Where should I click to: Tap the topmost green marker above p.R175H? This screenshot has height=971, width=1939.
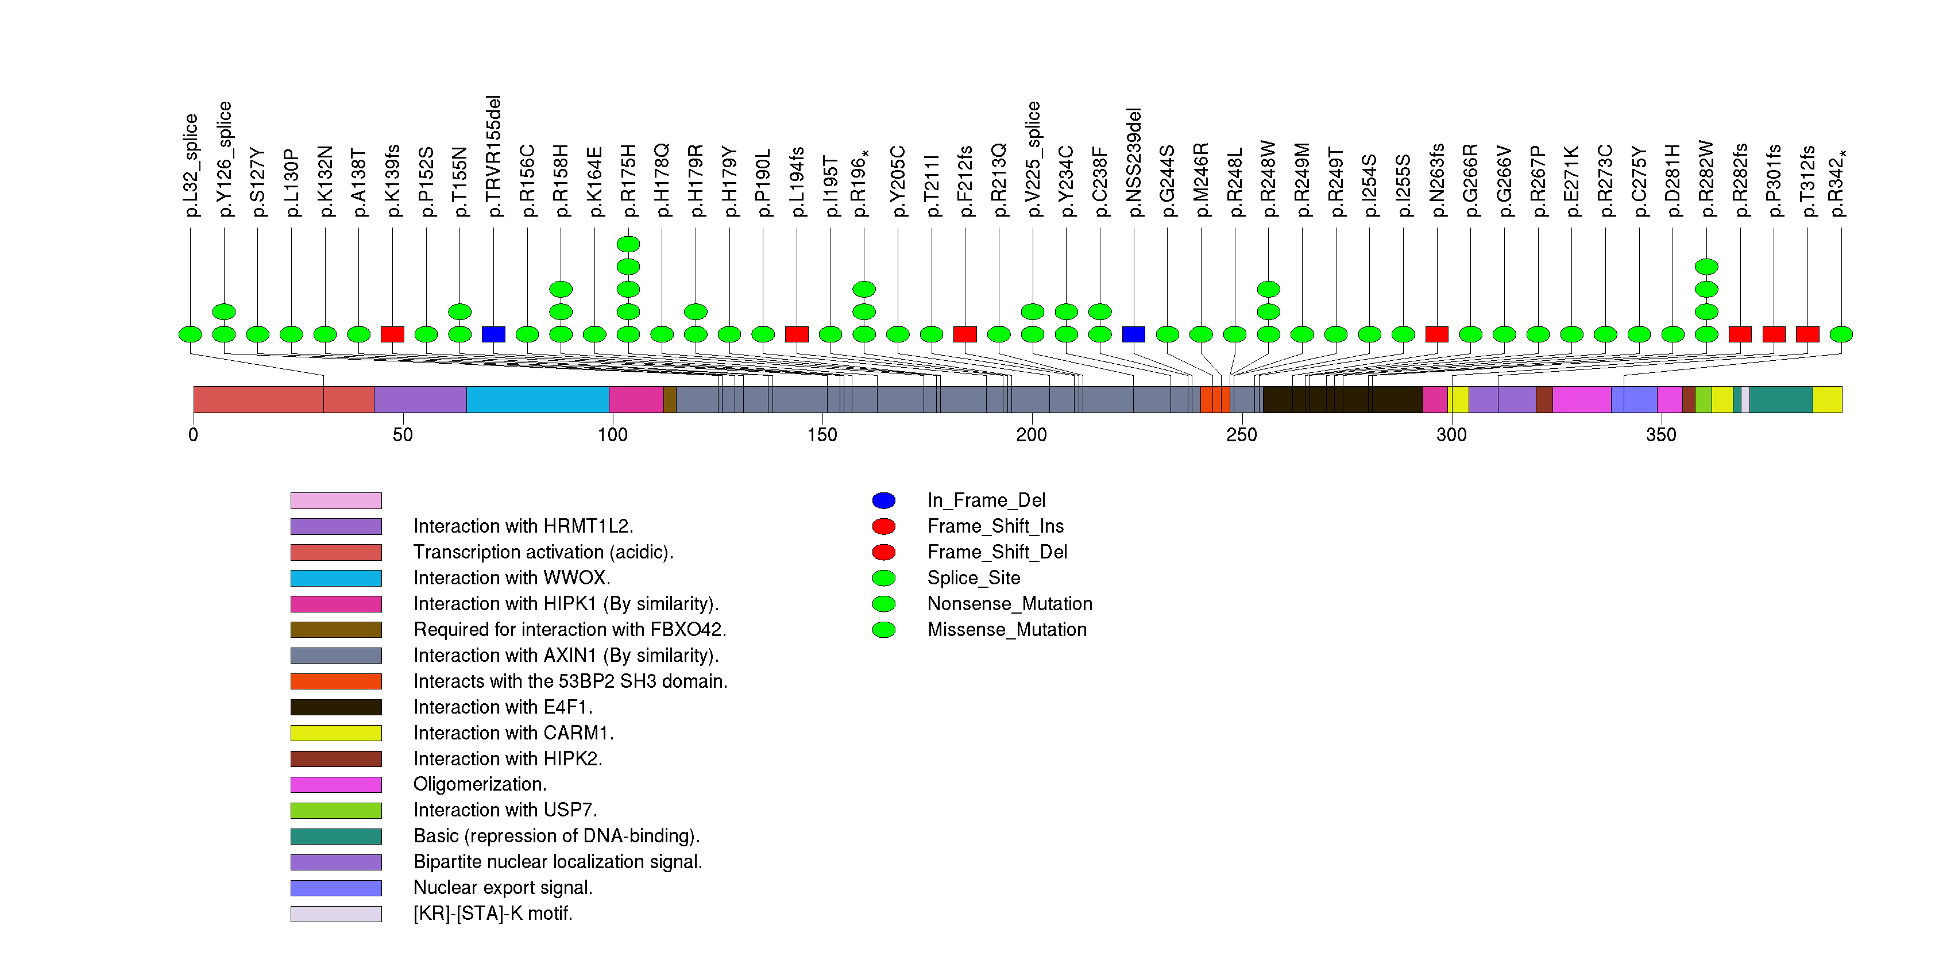(628, 244)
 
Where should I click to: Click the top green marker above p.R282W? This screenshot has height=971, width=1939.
(1706, 267)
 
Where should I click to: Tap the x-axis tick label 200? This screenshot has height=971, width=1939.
(1030, 435)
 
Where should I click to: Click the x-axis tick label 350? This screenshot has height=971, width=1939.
(1660, 435)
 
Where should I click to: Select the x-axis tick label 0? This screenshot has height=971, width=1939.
(194, 435)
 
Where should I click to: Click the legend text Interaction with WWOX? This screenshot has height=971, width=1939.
(511, 578)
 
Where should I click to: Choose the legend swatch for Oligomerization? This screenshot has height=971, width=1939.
(336, 784)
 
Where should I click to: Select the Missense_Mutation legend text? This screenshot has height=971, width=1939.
(1006, 629)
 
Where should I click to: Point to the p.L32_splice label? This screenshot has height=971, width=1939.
(191, 165)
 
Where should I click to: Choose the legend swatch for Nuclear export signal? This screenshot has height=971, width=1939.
(336, 888)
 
